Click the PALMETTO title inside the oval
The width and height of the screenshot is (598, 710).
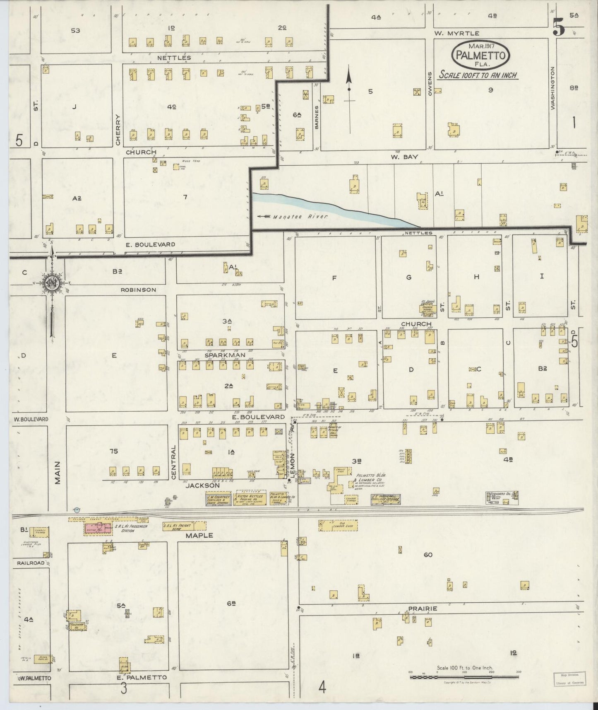(x=480, y=55)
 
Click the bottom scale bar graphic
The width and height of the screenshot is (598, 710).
(x=464, y=677)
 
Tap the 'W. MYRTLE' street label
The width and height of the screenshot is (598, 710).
(x=456, y=33)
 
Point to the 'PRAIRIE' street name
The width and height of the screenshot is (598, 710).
(x=423, y=609)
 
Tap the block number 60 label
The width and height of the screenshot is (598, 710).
(x=427, y=555)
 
